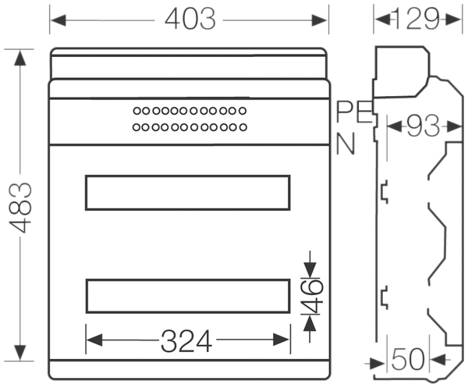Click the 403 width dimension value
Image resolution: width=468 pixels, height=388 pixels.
190,19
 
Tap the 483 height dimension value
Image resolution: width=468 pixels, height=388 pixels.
20,208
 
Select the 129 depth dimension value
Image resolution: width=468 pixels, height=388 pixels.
415,19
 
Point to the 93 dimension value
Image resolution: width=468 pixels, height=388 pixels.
424,126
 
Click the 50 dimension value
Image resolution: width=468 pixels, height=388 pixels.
408,359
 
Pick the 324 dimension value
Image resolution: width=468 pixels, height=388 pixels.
186,341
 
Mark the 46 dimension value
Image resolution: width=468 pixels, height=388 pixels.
311,297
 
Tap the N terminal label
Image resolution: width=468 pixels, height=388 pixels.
346,144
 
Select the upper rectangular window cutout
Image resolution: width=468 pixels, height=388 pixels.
188,176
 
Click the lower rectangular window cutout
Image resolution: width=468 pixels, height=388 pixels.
188,279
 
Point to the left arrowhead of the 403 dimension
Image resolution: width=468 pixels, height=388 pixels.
58,20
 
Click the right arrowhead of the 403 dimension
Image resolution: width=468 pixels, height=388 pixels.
319,20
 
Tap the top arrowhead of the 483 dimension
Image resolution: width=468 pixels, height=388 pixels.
20,58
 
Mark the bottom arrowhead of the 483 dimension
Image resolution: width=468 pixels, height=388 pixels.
20,352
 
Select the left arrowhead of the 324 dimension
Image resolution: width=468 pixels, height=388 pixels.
94,340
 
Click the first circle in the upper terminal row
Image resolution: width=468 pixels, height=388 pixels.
137,111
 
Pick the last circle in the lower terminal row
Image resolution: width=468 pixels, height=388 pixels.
243,127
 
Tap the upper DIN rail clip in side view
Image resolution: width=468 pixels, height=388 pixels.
385,192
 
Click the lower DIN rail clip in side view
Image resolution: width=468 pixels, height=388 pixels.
385,297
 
